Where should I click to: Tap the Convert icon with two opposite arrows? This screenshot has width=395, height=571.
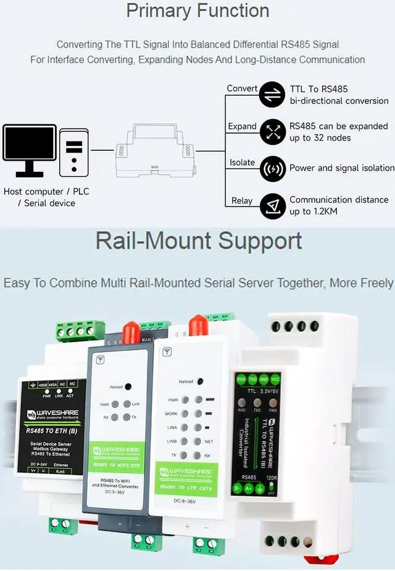(272, 95)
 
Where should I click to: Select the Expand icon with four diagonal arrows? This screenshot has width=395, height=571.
(272, 132)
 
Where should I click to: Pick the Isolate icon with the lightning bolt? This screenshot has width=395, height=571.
(272, 168)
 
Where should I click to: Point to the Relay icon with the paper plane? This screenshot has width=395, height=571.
(272, 206)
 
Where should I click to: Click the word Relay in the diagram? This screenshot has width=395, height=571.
(242, 200)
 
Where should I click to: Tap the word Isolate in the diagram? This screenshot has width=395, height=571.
(242, 163)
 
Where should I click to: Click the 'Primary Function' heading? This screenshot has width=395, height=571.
(197, 11)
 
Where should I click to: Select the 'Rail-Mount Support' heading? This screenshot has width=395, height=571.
(198, 241)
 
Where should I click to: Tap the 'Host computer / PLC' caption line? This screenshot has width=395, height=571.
(46, 192)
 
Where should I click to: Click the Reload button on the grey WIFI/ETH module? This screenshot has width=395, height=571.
(128, 386)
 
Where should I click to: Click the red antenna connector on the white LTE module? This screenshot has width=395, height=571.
(197, 324)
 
